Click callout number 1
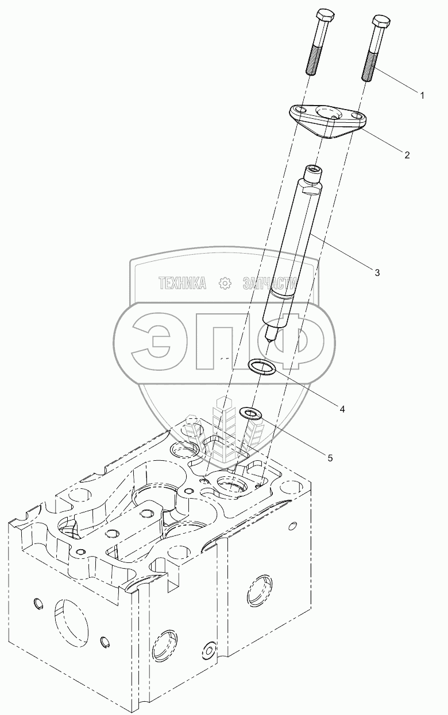click(x=422, y=95)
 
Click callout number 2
click(x=407, y=155)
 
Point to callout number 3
click(x=377, y=273)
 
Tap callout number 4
click(x=342, y=409)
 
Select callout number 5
click(x=330, y=458)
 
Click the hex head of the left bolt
click(x=325, y=15)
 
